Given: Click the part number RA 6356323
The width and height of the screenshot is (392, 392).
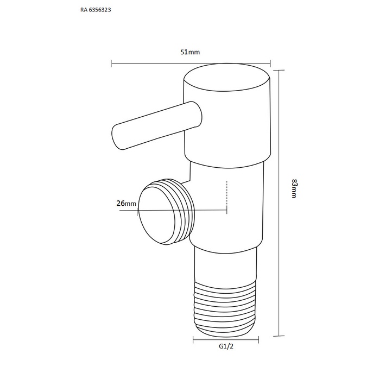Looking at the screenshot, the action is point(96,10).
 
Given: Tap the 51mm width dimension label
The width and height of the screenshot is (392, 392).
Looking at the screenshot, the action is point(190,52).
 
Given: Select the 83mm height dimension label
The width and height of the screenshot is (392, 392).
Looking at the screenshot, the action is point(294,188).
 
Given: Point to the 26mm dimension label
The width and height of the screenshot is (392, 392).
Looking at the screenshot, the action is point(127,203).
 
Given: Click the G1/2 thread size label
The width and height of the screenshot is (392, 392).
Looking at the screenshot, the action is point(226,346).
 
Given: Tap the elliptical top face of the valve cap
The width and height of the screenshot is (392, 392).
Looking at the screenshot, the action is point(227,77).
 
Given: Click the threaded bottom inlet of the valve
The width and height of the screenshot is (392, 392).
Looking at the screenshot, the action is point(225,308).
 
